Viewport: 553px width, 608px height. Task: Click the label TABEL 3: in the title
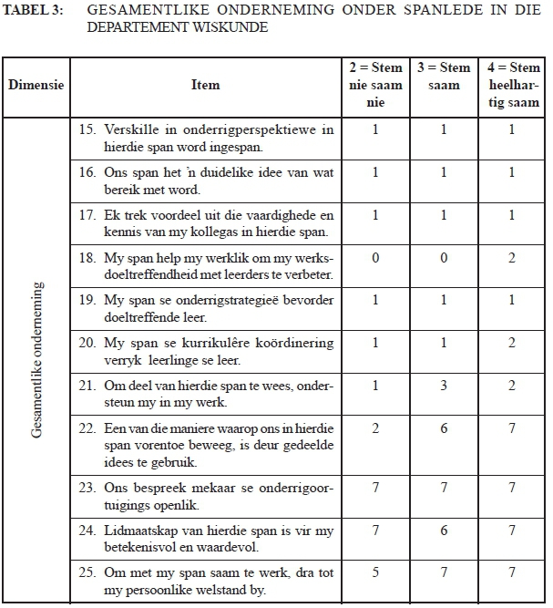[31, 12]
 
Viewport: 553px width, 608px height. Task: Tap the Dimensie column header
[36, 85]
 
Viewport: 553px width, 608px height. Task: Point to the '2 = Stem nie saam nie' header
[375, 85]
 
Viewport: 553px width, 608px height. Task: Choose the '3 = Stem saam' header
[444, 76]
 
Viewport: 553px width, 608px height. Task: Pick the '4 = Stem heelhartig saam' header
[511, 85]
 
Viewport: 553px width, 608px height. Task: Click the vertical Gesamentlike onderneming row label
[36, 360]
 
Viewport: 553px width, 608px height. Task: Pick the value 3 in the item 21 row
[444, 386]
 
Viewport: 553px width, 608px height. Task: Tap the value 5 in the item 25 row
[375, 572]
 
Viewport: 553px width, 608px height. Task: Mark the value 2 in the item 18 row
[511, 258]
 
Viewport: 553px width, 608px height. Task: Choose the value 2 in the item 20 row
[511, 344]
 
